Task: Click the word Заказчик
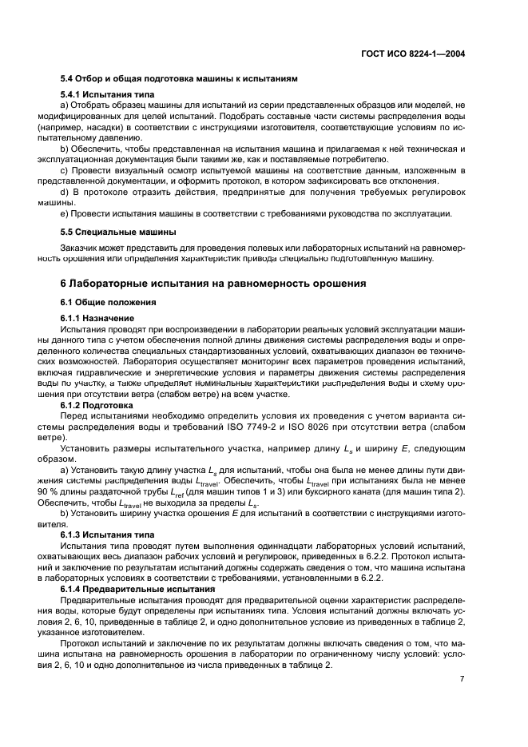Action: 79,248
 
